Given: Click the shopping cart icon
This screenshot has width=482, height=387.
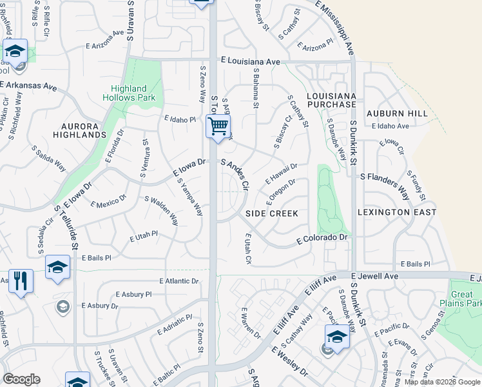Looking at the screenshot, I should [218, 126].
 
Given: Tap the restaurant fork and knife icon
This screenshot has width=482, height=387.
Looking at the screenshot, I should [21, 281].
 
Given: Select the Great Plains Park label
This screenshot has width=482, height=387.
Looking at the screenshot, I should [467, 298].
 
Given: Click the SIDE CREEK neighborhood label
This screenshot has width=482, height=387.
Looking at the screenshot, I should [271, 213].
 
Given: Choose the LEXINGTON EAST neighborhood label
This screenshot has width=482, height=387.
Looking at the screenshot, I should [397, 212].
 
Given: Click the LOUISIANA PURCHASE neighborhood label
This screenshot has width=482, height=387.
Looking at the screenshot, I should [331, 99].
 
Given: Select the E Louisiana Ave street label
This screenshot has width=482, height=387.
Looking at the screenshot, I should [250, 62].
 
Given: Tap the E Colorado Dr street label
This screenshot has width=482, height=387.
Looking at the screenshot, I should [322, 239].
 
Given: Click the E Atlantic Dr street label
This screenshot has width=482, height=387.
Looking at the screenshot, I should [178, 281].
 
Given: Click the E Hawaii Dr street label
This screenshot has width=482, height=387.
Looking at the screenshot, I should [281, 174].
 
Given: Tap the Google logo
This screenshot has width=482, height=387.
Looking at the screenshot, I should [21, 379].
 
